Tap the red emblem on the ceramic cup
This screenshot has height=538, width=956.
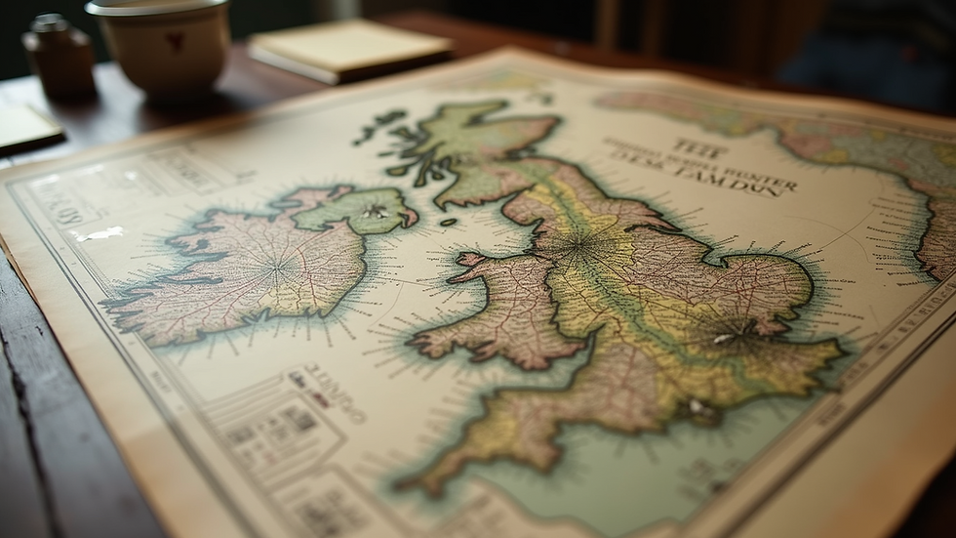(175, 40)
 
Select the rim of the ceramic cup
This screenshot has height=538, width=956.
(157, 9)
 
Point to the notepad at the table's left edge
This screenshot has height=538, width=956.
(25, 128)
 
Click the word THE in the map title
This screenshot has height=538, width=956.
(698, 149)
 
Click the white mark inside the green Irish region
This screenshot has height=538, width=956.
(374, 211)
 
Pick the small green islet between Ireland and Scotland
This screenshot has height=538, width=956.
(448, 223)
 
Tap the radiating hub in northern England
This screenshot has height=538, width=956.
(582, 245)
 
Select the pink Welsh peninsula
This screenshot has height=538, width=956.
(507, 312)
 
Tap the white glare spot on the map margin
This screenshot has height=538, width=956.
(100, 233)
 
